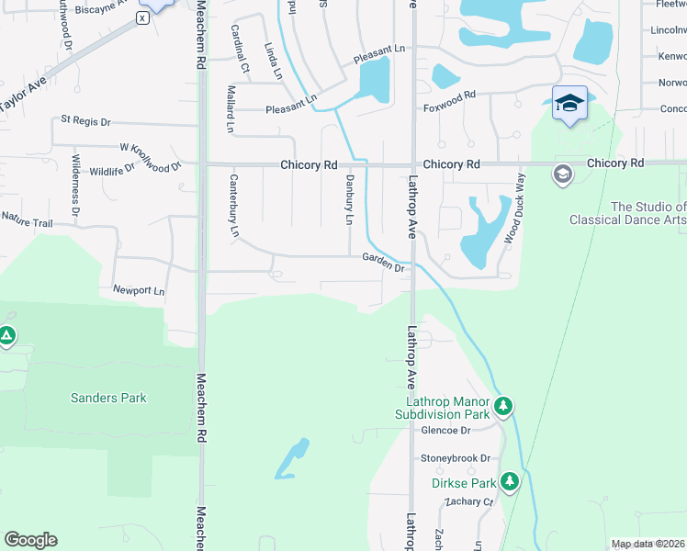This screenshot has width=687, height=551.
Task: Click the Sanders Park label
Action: click(108, 398)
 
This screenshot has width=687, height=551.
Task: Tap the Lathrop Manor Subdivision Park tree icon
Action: click(502, 405)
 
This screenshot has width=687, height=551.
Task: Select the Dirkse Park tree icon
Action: click(510, 481)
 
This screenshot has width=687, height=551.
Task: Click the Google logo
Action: click(30, 540)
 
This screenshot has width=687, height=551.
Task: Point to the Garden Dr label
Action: click(383, 263)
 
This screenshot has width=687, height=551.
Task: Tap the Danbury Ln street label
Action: click(349, 199)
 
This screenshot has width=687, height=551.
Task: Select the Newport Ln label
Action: click(139, 290)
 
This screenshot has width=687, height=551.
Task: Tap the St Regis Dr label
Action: click(85, 120)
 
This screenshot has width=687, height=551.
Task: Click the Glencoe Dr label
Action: click(445, 430)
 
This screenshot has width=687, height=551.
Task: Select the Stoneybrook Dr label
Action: click(456, 457)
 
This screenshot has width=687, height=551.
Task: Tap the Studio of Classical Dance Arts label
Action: click(627, 214)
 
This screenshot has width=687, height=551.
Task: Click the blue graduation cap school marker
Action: click(569, 103)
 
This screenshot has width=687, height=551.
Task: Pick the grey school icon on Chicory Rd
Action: click(562, 174)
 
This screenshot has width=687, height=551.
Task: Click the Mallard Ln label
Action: click(230, 107)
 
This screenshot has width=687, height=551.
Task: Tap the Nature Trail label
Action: click(27, 219)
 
